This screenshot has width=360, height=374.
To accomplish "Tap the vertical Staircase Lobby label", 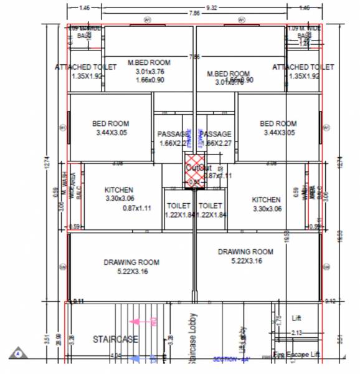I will click(193, 338).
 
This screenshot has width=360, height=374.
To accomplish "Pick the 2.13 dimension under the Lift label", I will click(296, 333).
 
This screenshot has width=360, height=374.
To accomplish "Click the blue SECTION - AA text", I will click(230, 360).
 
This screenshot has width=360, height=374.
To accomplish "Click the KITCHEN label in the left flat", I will click(119, 190).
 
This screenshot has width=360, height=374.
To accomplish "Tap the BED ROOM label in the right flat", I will click(278, 123).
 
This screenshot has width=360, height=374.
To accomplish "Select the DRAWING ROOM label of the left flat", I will click(131, 262).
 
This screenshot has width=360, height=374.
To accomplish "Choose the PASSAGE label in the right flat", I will click(216, 134).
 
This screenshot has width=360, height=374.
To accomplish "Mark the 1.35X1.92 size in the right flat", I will click(303, 76).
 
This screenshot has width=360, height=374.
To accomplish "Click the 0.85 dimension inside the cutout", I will click(194, 182).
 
